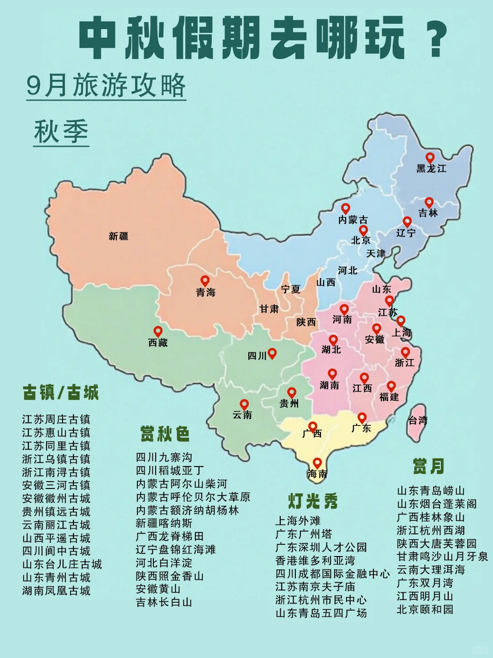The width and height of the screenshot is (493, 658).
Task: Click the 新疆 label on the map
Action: (118, 236)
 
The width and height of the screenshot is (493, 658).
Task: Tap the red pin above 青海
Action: (205, 281)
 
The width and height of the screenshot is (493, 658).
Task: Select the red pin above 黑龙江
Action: (430, 158)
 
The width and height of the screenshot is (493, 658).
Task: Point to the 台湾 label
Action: (417, 420)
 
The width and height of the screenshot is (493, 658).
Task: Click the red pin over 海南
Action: (317, 463)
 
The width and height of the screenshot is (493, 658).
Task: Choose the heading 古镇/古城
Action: (61, 393)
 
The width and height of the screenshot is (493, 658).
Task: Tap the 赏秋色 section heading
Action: (165, 434)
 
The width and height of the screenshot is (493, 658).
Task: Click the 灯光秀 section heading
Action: (313, 501)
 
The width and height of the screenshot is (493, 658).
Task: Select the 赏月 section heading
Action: (428, 467)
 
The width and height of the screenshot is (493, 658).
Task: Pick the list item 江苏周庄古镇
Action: (56, 419)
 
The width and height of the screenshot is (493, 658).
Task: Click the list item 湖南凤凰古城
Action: (56, 591)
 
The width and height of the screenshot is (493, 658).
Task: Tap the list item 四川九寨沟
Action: (164, 457)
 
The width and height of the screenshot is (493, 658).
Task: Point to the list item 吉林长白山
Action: (164, 602)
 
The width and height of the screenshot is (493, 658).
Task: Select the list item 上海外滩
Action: (298, 521)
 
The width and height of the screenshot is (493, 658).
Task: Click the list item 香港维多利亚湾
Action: (315, 560)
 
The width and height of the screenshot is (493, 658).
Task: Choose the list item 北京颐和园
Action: (425, 610)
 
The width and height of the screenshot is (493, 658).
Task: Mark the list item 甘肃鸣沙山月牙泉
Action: (442, 557)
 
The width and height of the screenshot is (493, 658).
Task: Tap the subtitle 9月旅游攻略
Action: (106, 85)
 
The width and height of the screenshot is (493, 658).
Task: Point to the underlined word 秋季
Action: (61, 132)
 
